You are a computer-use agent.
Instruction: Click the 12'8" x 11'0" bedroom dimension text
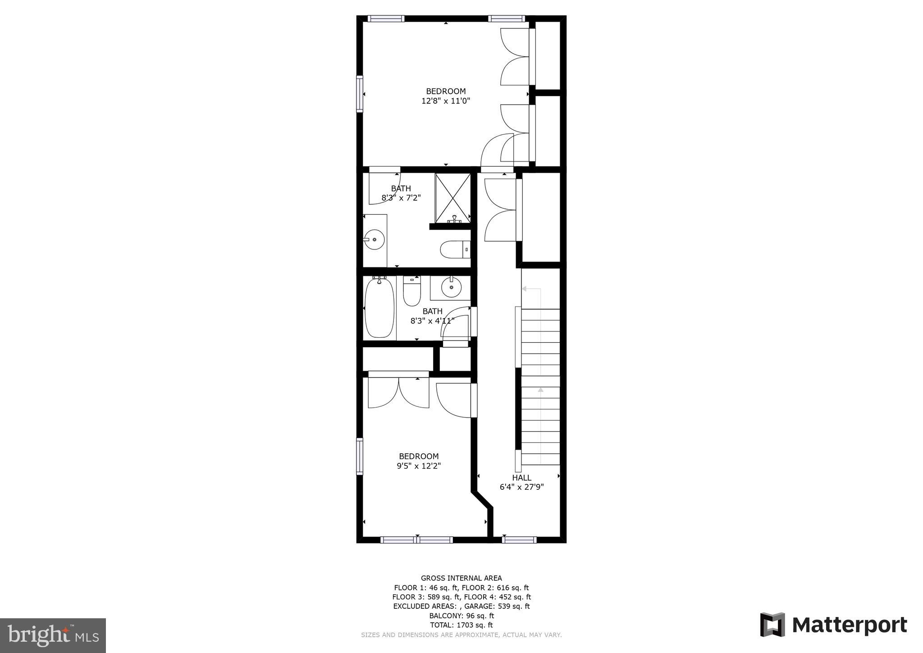[446, 101]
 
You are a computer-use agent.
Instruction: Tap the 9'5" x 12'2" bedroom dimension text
[419, 466]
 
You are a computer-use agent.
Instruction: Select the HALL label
[521, 478]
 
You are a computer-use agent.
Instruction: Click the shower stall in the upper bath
[452, 198]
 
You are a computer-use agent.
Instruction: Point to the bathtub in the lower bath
[379, 308]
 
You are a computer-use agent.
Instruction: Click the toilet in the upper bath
[455, 249]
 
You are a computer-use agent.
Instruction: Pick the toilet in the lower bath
[411, 291]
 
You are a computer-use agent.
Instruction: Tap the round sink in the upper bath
[374, 239]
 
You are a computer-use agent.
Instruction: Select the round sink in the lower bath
[451, 287]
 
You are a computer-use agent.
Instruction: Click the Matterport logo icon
[772, 625]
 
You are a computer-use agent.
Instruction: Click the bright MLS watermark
[53, 636]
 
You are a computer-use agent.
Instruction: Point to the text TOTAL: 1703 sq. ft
[461, 625]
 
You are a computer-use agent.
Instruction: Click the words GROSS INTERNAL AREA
[461, 578]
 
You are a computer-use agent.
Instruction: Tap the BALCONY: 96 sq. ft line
[461, 616]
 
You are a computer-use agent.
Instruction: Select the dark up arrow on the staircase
[540, 390]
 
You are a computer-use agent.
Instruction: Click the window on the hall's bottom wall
[519, 539]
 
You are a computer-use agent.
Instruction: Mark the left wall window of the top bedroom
[360, 93]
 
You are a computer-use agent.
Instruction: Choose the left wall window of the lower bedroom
[360, 456]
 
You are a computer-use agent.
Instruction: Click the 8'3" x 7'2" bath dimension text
[401, 198]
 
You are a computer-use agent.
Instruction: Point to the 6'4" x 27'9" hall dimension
[521, 487]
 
